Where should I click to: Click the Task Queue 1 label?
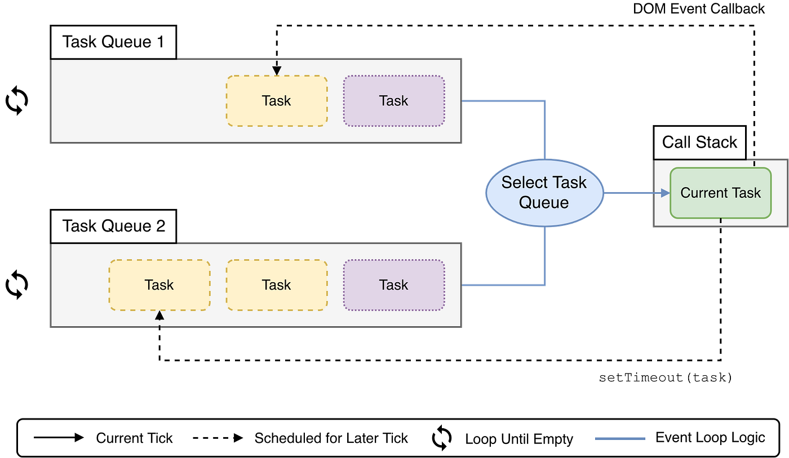click(x=113, y=42)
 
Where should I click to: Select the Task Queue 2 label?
click(x=113, y=226)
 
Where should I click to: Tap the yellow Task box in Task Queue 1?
click(x=277, y=101)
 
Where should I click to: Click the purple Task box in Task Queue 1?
click(x=394, y=101)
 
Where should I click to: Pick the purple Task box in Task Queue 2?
click(x=394, y=285)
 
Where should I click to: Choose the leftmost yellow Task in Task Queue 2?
click(x=159, y=285)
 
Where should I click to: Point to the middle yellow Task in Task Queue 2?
click(x=277, y=285)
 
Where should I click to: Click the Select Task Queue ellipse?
click(x=544, y=193)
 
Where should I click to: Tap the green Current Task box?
click(x=720, y=193)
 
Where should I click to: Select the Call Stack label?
click(x=699, y=142)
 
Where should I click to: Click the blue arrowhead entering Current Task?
click(x=665, y=193)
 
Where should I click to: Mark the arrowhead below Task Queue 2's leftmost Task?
click(x=159, y=315)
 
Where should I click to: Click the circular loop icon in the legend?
click(x=441, y=438)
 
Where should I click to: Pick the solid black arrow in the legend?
click(x=59, y=438)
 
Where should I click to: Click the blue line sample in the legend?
click(x=620, y=438)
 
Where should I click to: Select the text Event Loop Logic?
click(x=710, y=438)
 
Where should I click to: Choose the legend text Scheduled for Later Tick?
click(x=331, y=438)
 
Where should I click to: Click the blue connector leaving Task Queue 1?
click(x=504, y=101)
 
